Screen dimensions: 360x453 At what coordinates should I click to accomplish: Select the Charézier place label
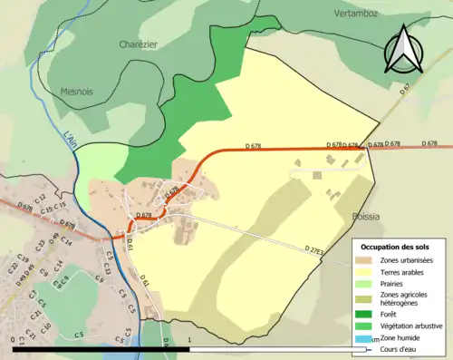[138, 44]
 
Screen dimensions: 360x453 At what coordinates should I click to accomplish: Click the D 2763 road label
[315, 249]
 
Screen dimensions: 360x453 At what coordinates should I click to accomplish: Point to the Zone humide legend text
[401, 337]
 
